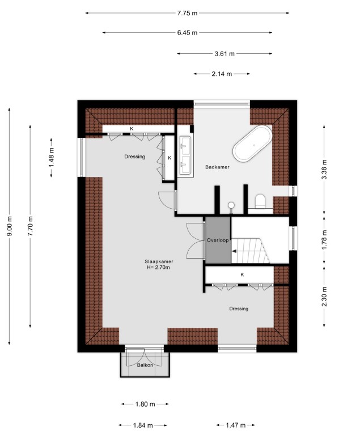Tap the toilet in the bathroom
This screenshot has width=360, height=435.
click(260, 201)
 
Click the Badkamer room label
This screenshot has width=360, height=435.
click(217, 167)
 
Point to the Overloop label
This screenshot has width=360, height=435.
click(218, 240)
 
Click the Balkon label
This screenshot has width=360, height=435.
click(145, 365)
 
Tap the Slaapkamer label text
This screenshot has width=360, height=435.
click(159, 261)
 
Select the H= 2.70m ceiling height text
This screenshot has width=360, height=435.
click(158, 268)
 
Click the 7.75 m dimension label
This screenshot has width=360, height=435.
click(187, 13)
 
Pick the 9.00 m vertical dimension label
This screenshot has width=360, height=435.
click(10, 226)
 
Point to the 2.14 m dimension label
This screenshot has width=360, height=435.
click(222, 74)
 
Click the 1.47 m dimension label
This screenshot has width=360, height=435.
click(235, 425)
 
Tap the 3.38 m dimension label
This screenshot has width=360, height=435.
click(324, 170)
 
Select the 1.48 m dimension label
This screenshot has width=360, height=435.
click(52, 157)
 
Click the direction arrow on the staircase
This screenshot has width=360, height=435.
click(234, 251)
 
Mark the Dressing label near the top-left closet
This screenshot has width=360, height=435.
click(135, 157)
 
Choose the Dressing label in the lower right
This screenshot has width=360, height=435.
click(239, 309)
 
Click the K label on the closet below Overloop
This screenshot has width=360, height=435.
click(242, 274)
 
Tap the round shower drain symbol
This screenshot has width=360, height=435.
click(231, 205)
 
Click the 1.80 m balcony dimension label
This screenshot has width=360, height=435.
click(145, 404)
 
